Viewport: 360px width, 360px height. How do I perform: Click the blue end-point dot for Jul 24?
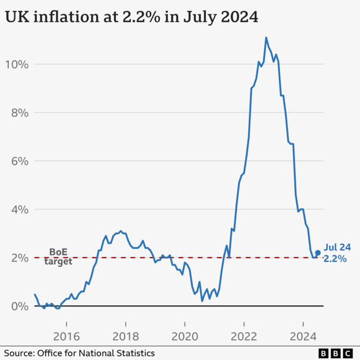(x=317, y=253)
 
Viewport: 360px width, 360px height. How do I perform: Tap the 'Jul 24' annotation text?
(x=337, y=247)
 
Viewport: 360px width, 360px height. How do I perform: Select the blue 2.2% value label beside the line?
(x=335, y=259)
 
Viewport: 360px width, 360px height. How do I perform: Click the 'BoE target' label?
(x=58, y=257)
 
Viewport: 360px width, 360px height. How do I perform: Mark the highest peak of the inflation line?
(x=266, y=37)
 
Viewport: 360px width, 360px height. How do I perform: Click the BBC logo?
(x=337, y=352)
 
